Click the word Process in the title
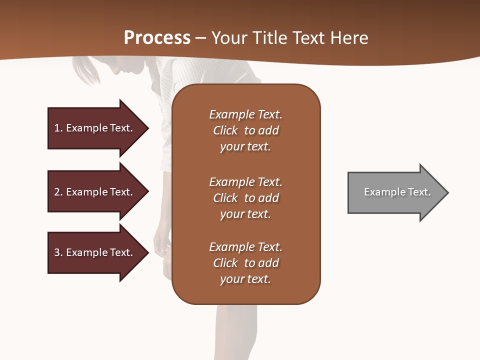click(x=157, y=37)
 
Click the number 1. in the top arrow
click(x=58, y=128)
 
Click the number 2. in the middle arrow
click(x=58, y=192)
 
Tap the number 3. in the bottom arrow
click(x=58, y=252)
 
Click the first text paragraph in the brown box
click(x=245, y=130)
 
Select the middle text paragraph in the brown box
click(x=245, y=198)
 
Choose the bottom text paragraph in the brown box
click(x=245, y=263)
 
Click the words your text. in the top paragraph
click(x=245, y=147)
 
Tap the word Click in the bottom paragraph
click(x=225, y=263)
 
